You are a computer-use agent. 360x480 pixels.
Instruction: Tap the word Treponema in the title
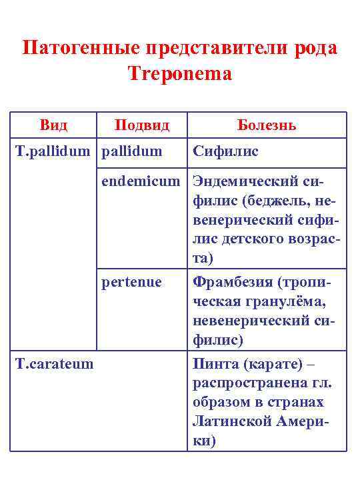coord(179,73)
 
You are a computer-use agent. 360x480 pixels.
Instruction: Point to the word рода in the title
coord(313,49)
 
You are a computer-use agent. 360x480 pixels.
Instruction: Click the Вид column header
coord(54,125)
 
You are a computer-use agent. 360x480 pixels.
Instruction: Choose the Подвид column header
coord(142,125)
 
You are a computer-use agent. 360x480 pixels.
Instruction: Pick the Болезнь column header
coord(267,125)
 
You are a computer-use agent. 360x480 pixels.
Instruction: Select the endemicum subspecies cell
coord(141,181)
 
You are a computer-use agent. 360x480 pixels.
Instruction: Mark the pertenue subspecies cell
coord(131,282)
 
